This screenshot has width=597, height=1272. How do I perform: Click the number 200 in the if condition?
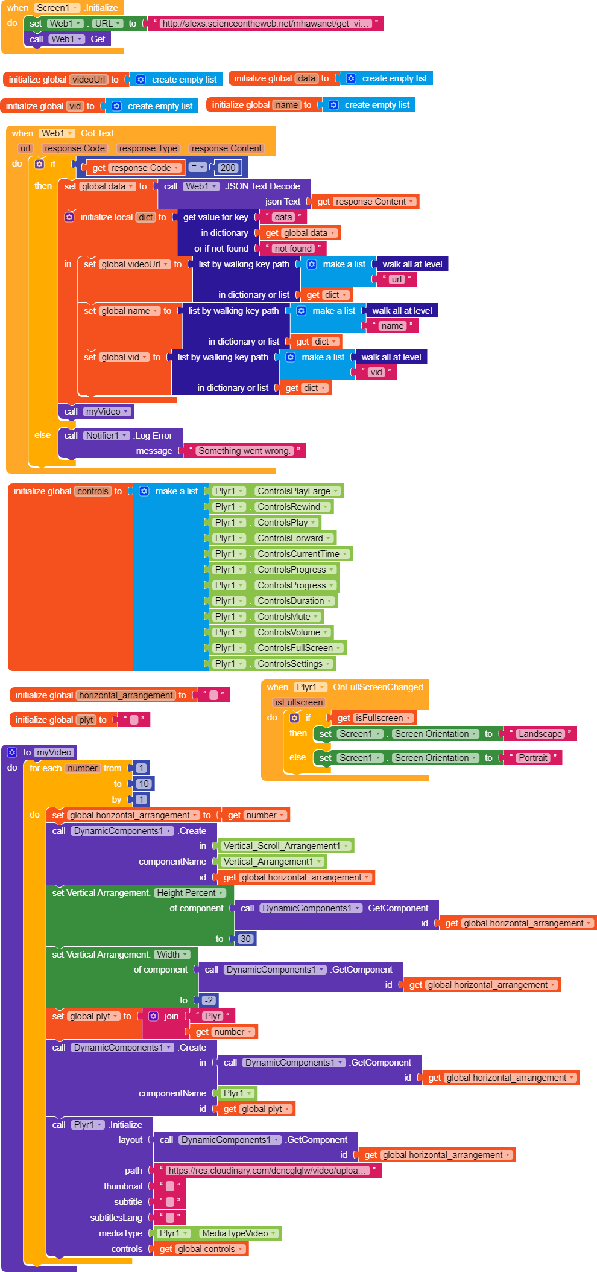click(x=228, y=168)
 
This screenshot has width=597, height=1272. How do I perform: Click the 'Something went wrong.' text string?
click(x=244, y=451)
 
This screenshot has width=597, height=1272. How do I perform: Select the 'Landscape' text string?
click(x=540, y=734)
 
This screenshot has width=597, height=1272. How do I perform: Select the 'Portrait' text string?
click(x=533, y=758)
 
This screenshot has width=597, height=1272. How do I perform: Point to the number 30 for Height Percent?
click(x=245, y=939)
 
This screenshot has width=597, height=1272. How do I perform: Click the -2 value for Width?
click(x=209, y=1000)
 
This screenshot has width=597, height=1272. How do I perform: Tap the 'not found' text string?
click(x=293, y=249)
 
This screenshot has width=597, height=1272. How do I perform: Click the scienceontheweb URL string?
click(x=266, y=24)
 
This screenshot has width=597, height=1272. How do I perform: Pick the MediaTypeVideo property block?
click(x=218, y=1233)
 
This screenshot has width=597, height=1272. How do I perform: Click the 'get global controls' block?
click(x=202, y=1249)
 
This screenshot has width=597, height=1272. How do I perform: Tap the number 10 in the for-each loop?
click(x=143, y=784)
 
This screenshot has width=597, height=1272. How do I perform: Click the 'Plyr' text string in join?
click(x=212, y=1016)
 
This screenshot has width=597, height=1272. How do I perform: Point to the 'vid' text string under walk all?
click(x=377, y=372)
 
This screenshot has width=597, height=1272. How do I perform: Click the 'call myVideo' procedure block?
click(x=96, y=412)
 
